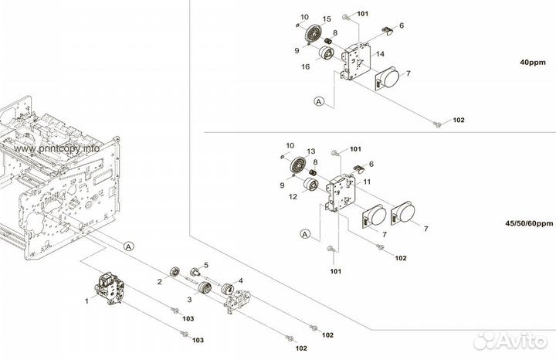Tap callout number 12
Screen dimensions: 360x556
tap(293, 196)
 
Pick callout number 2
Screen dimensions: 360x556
tap(160, 281)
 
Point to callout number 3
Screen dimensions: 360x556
tap(189, 297)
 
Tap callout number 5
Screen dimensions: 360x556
tap(206, 265)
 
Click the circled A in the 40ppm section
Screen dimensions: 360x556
tap(317, 100)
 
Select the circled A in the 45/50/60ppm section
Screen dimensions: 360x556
tap(305, 233)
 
